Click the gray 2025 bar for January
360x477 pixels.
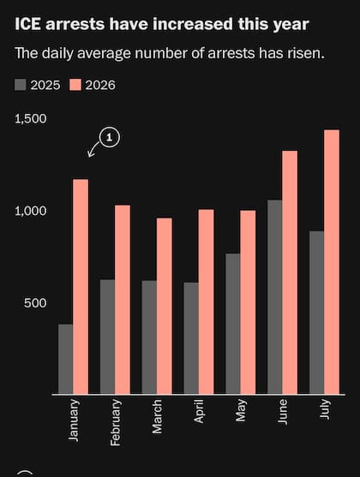tap(65, 359)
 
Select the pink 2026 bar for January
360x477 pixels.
tap(81, 287)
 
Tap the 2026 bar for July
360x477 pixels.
tap(332, 262)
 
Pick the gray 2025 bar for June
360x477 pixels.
tap(275, 297)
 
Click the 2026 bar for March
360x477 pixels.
tap(165, 306)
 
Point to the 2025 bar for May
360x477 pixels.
tap(233, 324)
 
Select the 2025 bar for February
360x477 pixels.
tap(107, 337)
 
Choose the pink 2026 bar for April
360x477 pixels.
tap(207, 301)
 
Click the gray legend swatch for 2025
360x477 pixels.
tap(21, 85)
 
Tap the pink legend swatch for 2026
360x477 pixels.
tap(75, 85)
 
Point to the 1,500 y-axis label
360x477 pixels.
tap(31, 119)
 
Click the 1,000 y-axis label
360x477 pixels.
tap(31, 211)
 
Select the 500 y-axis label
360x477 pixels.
tap(35, 303)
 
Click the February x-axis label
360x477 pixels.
tap(116, 422)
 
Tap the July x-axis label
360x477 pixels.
tap(325, 408)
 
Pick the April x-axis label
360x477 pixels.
tap(199, 411)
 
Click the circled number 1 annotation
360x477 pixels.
tap(110, 138)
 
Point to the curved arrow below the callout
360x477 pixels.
tap(93, 149)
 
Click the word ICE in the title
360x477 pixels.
tap(27, 24)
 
